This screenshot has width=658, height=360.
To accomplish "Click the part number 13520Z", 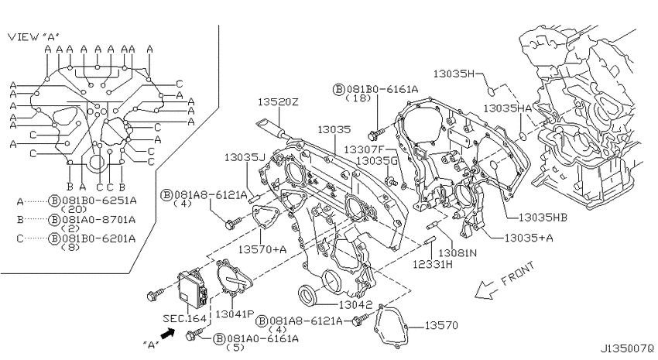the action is tap(278, 101).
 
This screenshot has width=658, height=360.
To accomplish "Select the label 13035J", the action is tap(245, 157).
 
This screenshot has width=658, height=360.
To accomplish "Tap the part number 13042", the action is tap(355, 305).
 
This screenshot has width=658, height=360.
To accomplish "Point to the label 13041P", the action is tap(235, 314).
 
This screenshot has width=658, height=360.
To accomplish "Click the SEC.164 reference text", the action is tap(185, 319).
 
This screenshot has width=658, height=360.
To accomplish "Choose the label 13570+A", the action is tap(262, 249).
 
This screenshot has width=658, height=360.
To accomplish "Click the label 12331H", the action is tap(433, 264).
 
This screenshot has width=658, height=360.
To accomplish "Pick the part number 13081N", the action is tap(458, 253).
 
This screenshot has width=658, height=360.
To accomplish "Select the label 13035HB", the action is tap(543, 218).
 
